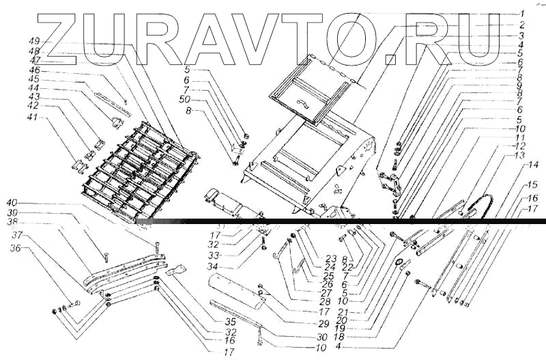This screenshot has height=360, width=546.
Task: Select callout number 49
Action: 33,42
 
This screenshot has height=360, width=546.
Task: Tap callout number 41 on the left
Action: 33,117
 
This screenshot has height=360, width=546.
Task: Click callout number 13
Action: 519,156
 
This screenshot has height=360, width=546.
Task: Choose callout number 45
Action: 33,79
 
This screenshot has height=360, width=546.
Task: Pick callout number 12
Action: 519,146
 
